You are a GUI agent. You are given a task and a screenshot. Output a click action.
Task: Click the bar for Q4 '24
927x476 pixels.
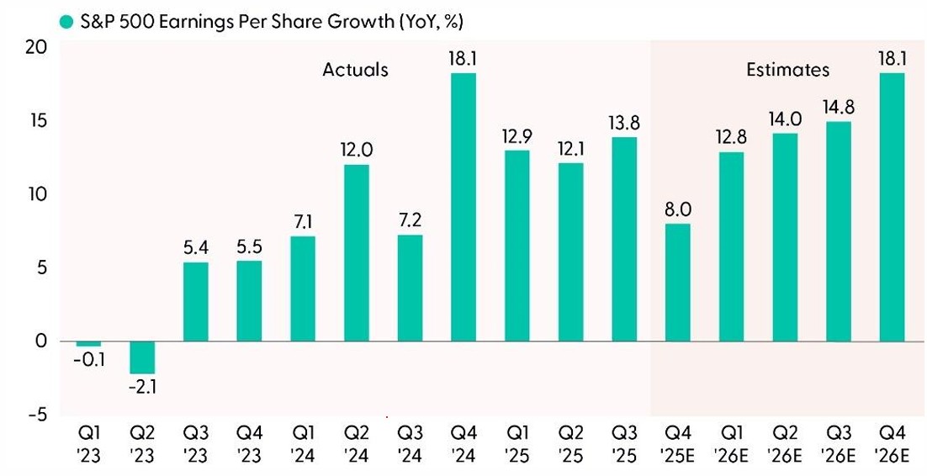[463, 207]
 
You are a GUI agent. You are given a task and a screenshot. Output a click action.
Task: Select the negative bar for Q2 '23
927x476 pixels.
[141, 357]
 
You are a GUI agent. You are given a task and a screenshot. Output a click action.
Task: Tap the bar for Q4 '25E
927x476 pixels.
[677, 282]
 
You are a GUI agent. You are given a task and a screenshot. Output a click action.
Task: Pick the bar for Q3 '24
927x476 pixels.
[410, 288]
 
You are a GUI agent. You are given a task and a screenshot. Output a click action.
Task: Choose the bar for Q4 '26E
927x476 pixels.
[892, 207]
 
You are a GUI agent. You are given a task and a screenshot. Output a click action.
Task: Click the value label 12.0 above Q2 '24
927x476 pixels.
[356, 151]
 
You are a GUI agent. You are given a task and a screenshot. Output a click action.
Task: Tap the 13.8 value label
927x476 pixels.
[623, 123]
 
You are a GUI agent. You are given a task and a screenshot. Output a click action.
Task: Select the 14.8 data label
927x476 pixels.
[838, 107]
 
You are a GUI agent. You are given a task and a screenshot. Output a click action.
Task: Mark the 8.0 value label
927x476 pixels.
[677, 209]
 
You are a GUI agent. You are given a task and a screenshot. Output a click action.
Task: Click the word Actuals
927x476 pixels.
[356, 70]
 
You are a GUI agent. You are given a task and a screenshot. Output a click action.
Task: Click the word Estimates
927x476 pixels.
[787, 70]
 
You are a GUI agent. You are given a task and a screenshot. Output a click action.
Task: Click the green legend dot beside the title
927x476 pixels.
[65, 17]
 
